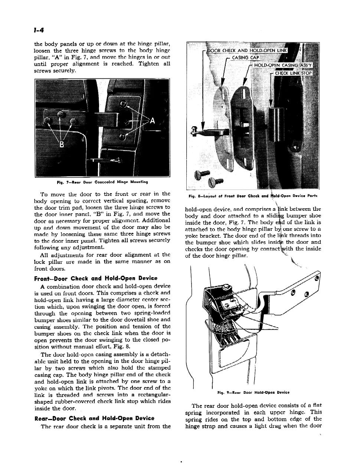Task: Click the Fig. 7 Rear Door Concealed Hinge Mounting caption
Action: (102, 182)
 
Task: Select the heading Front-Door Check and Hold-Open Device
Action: (95, 278)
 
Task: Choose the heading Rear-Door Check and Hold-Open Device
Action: (94, 418)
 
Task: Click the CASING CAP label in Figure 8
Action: (245, 58)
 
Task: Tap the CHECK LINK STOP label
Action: (294, 73)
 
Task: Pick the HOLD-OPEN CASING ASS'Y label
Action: (283, 65)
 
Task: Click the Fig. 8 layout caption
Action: (253, 196)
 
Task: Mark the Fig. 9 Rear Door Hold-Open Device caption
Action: (253, 392)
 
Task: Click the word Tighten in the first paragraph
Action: (150, 63)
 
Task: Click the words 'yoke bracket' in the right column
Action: (200, 236)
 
